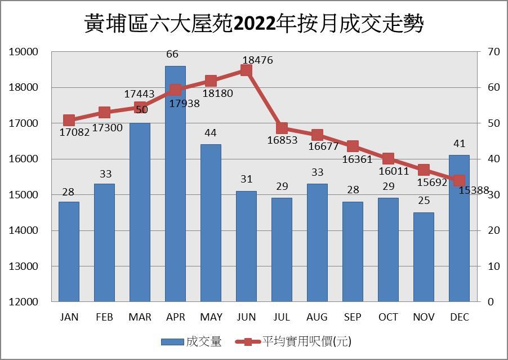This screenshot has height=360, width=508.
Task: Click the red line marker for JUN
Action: [246, 70]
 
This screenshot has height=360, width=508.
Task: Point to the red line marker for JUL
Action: [282, 128]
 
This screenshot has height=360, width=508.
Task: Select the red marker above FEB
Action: [104, 112]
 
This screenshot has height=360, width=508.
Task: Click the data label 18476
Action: [257, 59]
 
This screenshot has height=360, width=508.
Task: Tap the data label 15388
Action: [474, 190]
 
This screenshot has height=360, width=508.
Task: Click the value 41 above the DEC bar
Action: [459, 144]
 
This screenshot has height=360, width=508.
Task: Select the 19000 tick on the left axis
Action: [24, 52]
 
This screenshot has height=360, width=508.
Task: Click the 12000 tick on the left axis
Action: [24, 302]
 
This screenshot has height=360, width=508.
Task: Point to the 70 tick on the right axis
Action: [494, 52]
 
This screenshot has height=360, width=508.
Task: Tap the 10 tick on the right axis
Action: [494, 266]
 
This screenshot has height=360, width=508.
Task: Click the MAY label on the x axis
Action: [211, 317]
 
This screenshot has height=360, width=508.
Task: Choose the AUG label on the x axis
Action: [317, 317]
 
